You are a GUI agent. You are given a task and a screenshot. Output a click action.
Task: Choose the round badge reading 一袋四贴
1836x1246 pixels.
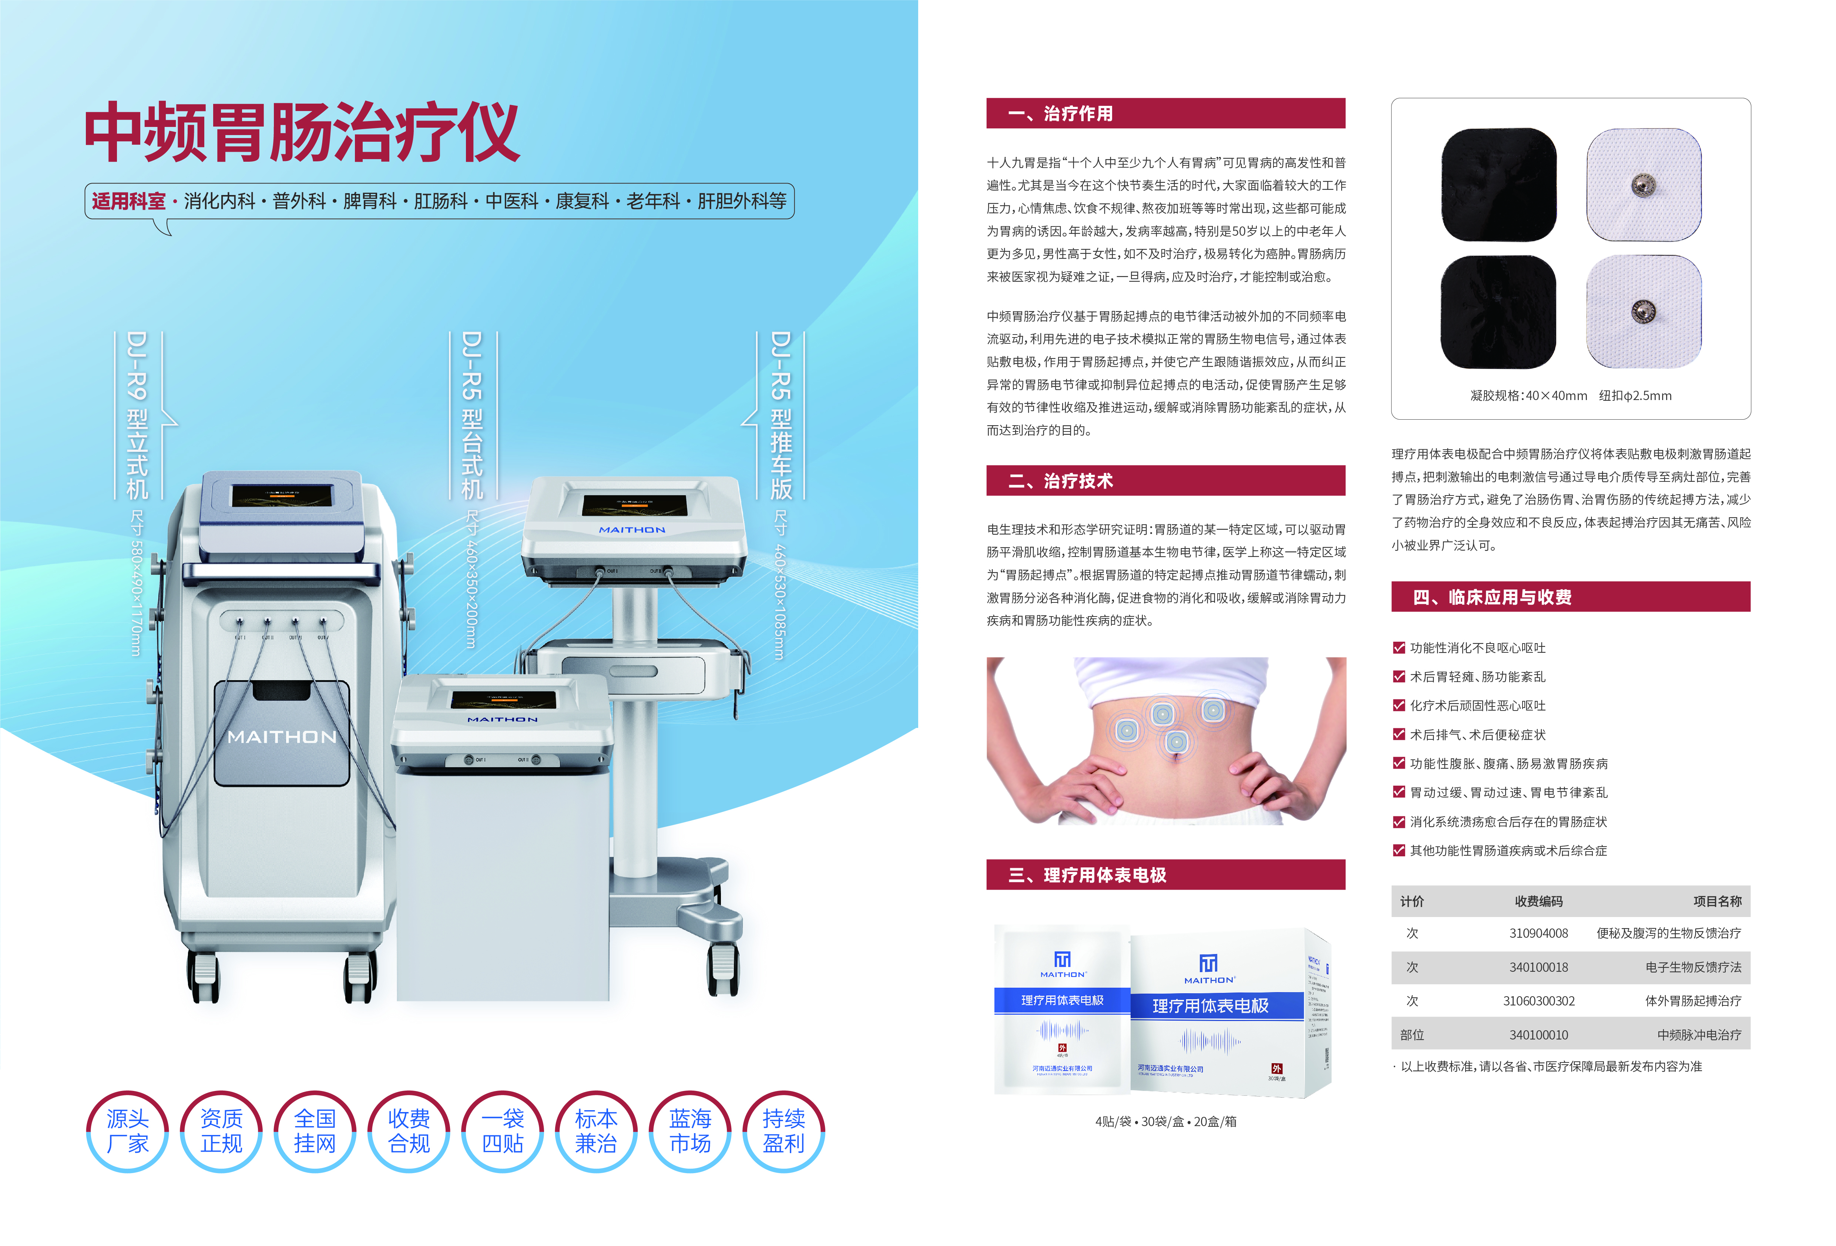tap(503, 1131)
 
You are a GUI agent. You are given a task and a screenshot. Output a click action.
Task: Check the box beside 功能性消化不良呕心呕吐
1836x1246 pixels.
tap(1399, 648)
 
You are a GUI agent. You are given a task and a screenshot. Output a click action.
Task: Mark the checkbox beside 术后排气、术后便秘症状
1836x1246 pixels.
tap(1399, 735)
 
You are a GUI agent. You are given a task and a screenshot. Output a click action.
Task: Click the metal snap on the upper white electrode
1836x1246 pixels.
tap(1643, 185)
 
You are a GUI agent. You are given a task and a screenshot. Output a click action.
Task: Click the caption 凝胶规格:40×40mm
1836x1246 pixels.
tap(1528, 396)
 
